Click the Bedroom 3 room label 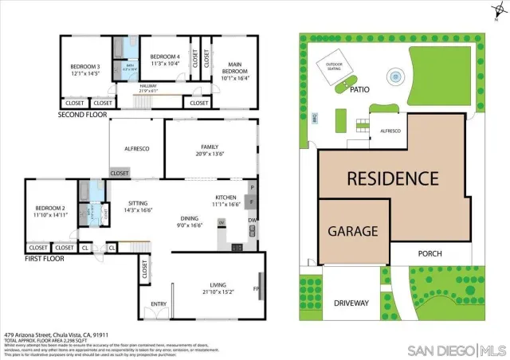(x=84, y=66)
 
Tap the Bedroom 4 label (x=165, y=56)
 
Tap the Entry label (x=158, y=303)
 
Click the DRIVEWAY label (x=351, y=303)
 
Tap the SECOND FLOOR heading (x=82, y=115)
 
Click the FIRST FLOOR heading (x=44, y=259)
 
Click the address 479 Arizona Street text (x=56, y=335)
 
